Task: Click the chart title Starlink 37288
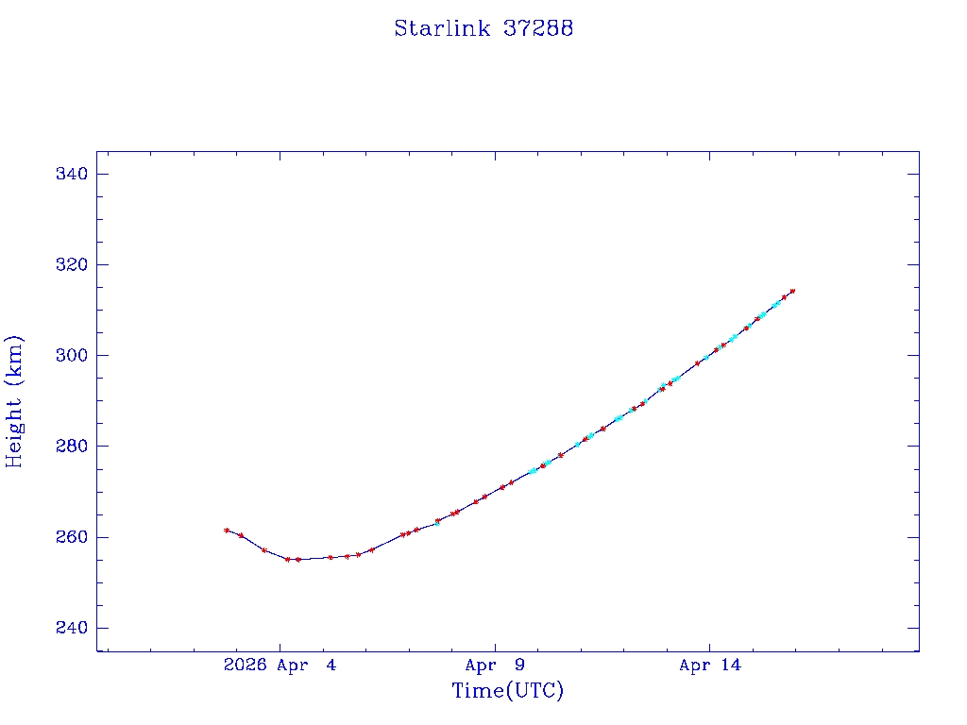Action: (x=483, y=28)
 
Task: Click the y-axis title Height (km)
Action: (x=14, y=401)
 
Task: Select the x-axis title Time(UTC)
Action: (x=508, y=691)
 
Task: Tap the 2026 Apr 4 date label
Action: (x=280, y=666)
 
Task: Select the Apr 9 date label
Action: (x=495, y=666)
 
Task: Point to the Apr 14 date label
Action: (x=710, y=666)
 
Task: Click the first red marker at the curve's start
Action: (x=227, y=530)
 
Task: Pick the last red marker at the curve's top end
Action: (x=792, y=291)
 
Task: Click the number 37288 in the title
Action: (x=538, y=28)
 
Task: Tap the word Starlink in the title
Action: (x=442, y=28)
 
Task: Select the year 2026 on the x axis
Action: (x=244, y=666)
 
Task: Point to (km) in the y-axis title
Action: (x=14, y=357)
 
